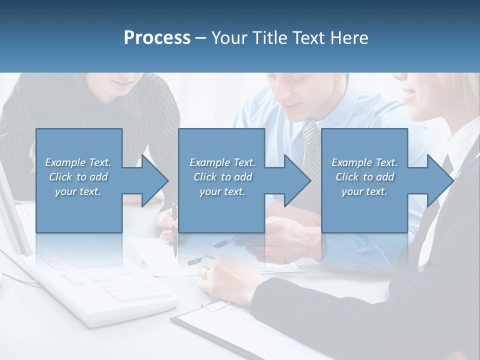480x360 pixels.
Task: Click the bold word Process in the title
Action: click(x=157, y=38)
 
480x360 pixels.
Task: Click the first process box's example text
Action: click(x=78, y=176)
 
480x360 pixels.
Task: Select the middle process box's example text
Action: click(x=222, y=176)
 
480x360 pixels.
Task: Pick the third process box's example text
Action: click(x=364, y=176)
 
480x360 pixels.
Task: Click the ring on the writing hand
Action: click(x=206, y=272)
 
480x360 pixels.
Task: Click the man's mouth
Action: click(x=296, y=106)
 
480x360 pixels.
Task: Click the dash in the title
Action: click(x=201, y=38)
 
